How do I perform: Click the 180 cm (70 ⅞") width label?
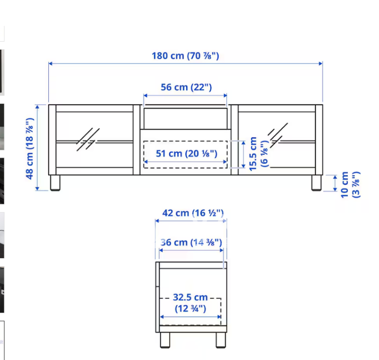coord(185,55)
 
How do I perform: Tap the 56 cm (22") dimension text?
coord(185,87)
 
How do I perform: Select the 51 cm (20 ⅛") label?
coord(186,153)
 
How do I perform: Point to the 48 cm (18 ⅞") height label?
coord(29,148)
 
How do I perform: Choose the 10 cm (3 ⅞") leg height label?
coord(350,184)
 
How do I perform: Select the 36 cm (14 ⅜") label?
coord(191,242)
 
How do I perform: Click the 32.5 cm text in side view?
coord(190,297)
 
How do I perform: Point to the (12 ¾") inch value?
coord(190,308)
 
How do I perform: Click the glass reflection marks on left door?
coord(88,139)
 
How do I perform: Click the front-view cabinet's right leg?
coord(316,183)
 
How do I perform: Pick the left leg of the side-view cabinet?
coord(164,340)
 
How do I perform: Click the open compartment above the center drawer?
coord(186,117)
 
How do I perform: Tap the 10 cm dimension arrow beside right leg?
coord(335,183)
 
